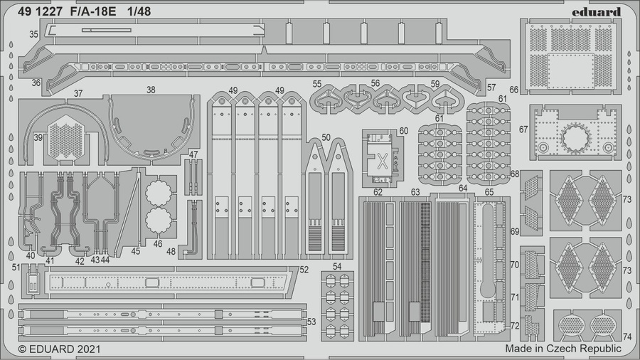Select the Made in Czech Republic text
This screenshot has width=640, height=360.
point(563,349)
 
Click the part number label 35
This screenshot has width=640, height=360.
point(34,34)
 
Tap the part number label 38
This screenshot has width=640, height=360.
point(151,90)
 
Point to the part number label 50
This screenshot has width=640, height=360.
point(326,137)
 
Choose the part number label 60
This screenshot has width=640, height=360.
point(403,131)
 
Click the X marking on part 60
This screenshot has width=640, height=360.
point(381,161)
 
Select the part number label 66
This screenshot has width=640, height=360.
point(513,90)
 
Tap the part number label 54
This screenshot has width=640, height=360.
point(337,266)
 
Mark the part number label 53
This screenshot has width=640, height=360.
point(311,322)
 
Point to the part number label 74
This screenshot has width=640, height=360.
point(626,337)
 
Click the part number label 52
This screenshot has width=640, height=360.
point(304,270)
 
